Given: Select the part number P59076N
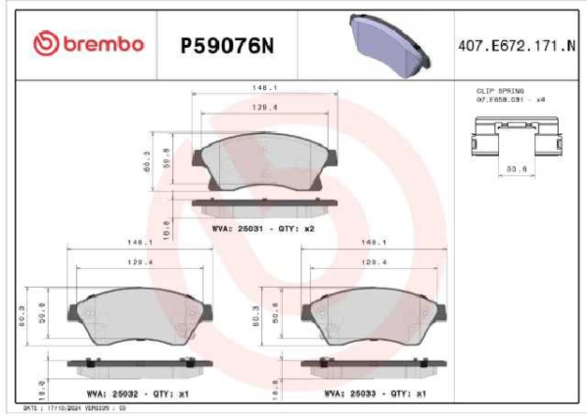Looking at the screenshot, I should (x=224, y=44).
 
